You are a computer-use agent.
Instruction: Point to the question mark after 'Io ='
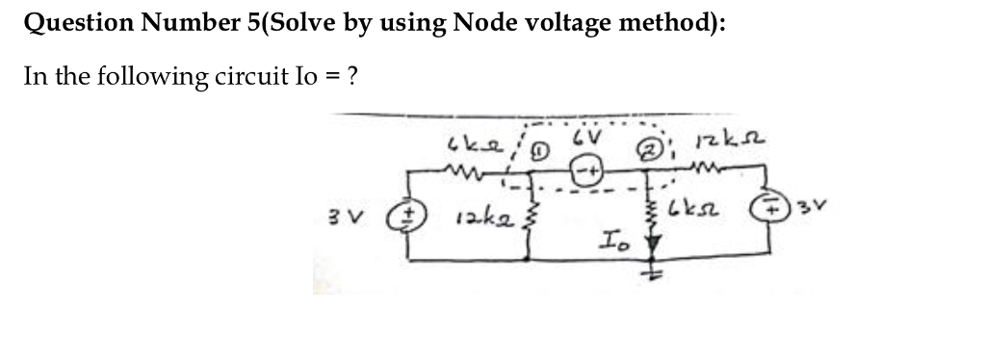click(354, 76)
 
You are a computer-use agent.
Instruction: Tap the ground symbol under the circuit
click(660, 273)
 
